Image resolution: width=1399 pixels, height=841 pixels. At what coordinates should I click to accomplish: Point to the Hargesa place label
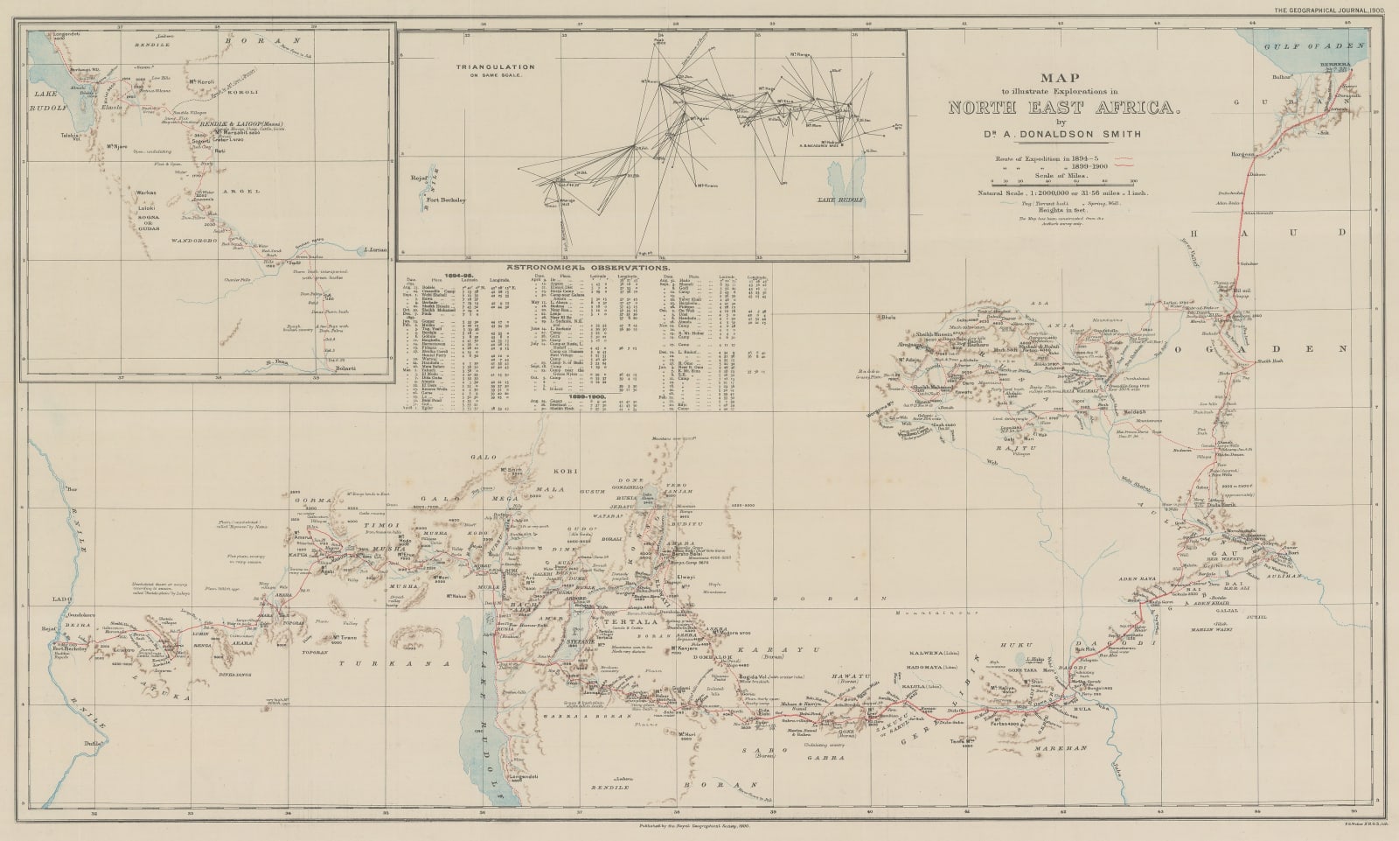[1242, 153]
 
